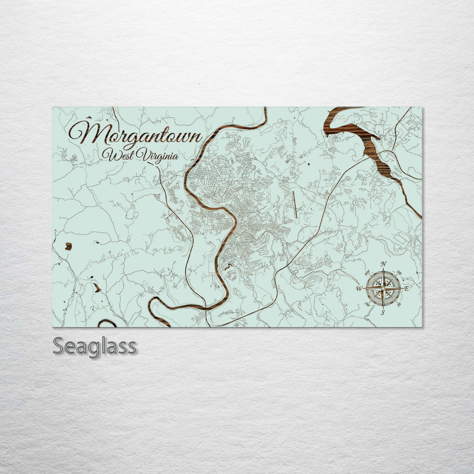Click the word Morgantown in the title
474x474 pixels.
point(134,134)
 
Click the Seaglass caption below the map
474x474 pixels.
point(94,346)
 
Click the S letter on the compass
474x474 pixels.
point(382,313)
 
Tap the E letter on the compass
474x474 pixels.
point(406,289)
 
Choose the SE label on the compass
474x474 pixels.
point(399,305)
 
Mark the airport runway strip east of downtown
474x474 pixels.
point(295,204)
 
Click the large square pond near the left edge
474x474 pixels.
point(69,245)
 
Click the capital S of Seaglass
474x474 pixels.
point(59,346)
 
